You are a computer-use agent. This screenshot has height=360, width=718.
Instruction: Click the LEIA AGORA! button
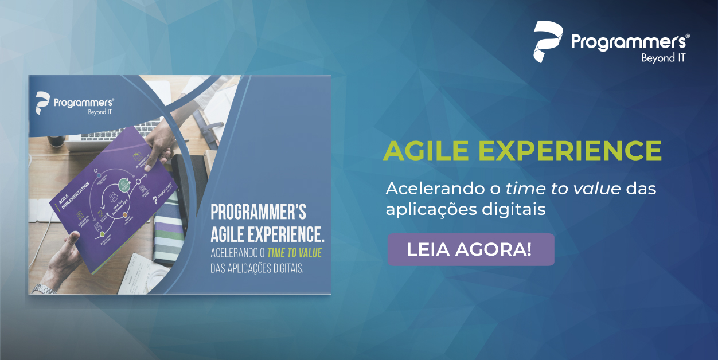pyautogui.click(x=470, y=249)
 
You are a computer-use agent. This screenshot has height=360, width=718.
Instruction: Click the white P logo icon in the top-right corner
pyautogui.click(x=548, y=42)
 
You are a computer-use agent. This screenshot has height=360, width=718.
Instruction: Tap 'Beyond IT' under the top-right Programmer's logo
pyautogui.click(x=663, y=57)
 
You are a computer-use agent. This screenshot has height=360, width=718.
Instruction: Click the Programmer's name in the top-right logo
pyautogui.click(x=630, y=42)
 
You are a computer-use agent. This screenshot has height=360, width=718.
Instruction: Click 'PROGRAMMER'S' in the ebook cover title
pyautogui.click(x=258, y=212)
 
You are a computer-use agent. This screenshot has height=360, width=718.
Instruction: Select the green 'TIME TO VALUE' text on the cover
pyautogui.click(x=295, y=253)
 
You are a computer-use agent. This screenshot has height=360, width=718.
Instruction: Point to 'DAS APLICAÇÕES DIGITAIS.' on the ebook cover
pyautogui.click(x=256, y=268)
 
